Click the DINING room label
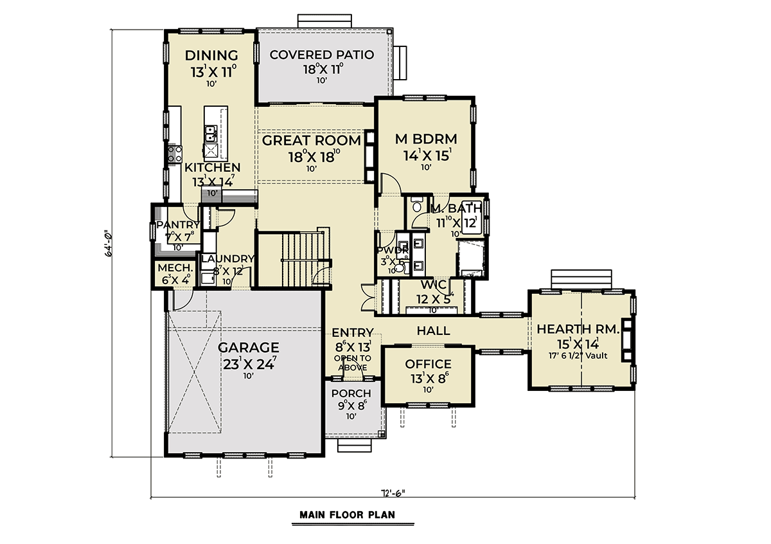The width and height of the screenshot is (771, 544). pos(211,55)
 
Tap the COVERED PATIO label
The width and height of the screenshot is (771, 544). pos(321,55)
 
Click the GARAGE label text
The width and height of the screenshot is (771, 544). pos(248,348)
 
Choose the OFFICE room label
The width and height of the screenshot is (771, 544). pos(428,365)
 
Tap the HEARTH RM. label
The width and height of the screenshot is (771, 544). pos(578,329)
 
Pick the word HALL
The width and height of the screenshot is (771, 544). pos(433,331)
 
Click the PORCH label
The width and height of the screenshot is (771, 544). pos(351,394)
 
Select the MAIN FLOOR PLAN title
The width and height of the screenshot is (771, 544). pos(347,514)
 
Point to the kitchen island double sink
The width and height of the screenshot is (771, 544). pos(210,134)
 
